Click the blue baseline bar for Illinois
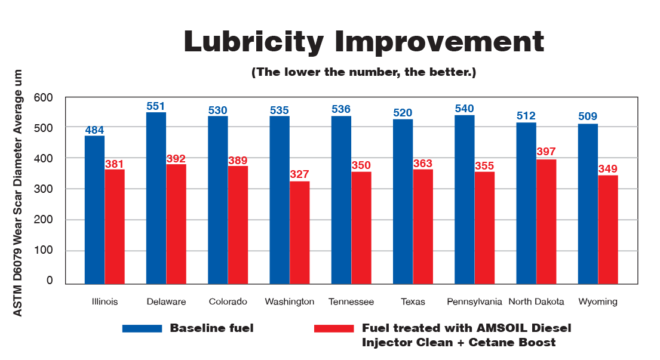pyautogui.click(x=94, y=209)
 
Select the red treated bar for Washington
pyautogui.click(x=299, y=232)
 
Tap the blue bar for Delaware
pyautogui.click(x=156, y=198)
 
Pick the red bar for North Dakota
pyautogui.click(x=547, y=221)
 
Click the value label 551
pyautogui.click(x=156, y=106)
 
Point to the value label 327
pyautogui.click(x=299, y=175)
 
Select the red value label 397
pyautogui.click(x=547, y=152)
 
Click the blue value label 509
pyautogui.click(x=588, y=117)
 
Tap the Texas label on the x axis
pyautogui.click(x=413, y=301)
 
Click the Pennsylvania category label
pyautogui.click(x=474, y=301)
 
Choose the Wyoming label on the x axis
pyautogui.click(x=597, y=301)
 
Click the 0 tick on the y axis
pyautogui.click(x=50, y=281)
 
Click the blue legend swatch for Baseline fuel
pyautogui.click(x=142, y=328)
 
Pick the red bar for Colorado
pyautogui.click(x=238, y=224)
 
